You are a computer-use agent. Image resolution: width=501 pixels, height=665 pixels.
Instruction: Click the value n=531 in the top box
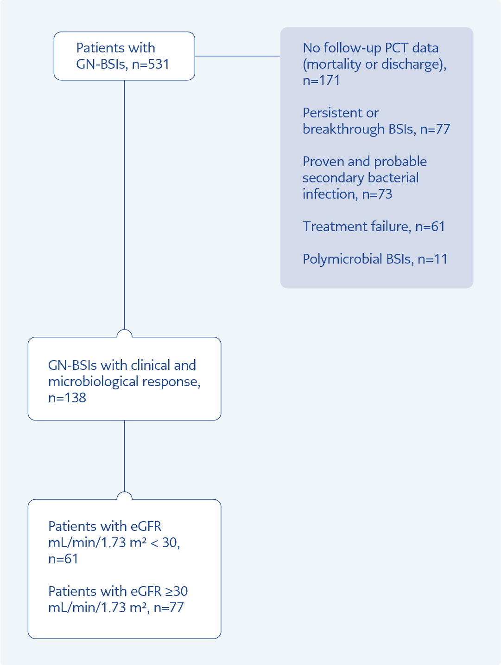pyautogui.click(x=151, y=64)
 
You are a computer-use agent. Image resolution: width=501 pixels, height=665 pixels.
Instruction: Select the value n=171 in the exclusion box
pyautogui.click(x=321, y=81)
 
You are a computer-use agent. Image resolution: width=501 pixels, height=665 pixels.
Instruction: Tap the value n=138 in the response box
pyautogui.click(x=67, y=398)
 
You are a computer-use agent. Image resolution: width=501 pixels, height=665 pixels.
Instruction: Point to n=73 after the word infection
pyautogui.click(x=377, y=194)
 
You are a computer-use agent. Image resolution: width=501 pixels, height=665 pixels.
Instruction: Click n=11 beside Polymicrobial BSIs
pyautogui.click(x=432, y=259)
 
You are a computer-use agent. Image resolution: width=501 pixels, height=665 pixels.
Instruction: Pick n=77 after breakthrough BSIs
pyautogui.click(x=435, y=129)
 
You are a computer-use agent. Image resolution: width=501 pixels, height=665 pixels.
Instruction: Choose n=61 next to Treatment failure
pyautogui.click(x=430, y=226)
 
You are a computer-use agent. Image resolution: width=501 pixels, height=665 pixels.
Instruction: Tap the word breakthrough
pyautogui.click(x=343, y=129)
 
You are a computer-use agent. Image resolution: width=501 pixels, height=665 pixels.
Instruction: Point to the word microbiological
pyautogui.click(x=94, y=382)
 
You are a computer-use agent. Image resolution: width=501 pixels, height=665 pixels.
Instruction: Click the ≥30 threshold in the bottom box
pyautogui.click(x=177, y=591)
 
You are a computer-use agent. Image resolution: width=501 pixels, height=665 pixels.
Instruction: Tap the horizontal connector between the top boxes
pyautogui.click(x=237, y=56)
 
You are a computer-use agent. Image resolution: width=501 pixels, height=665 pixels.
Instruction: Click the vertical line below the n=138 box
pyautogui.click(x=124, y=456)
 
